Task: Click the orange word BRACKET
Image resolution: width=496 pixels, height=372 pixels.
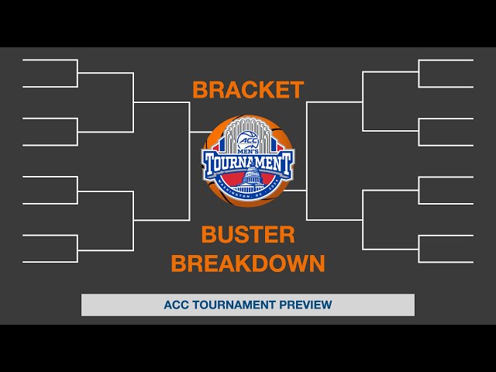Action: [x=248, y=90]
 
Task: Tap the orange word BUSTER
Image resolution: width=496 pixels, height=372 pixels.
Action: [x=248, y=234]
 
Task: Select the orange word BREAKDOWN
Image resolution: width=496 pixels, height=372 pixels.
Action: [x=248, y=263]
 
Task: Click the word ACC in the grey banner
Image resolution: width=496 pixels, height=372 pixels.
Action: [x=175, y=305]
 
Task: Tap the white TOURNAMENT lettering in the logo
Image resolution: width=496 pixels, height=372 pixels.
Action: [x=248, y=164]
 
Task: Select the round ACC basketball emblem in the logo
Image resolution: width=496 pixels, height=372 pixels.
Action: [x=248, y=139]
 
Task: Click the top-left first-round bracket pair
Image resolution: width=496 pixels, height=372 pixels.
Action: [x=50, y=73]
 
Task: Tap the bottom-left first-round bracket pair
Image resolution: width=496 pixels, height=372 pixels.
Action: [x=50, y=248]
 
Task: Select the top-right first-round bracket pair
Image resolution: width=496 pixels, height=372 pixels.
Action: [x=446, y=73]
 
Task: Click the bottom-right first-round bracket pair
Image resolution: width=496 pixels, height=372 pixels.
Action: [x=446, y=248]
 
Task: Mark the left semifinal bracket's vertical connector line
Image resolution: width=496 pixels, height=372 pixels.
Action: [x=190, y=161]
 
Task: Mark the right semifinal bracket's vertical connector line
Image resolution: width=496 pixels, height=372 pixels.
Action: [x=307, y=161]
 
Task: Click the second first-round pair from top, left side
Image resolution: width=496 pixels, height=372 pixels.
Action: [x=50, y=132]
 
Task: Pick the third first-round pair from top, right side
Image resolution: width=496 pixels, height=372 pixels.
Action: [x=446, y=191]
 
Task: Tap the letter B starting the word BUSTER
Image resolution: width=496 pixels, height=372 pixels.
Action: [x=208, y=234]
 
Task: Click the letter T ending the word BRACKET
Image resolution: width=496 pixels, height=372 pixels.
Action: [x=297, y=90]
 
